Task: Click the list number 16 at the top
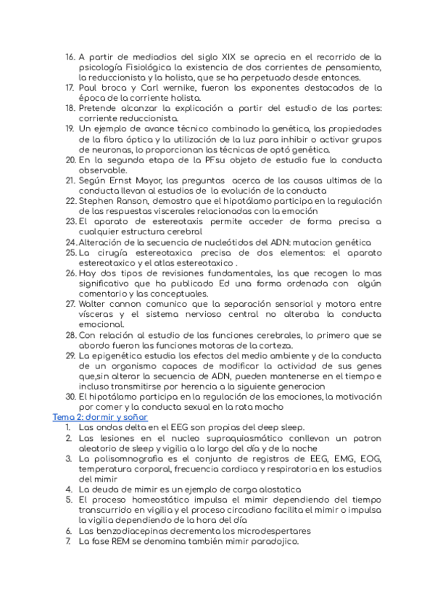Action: click(x=70, y=57)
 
